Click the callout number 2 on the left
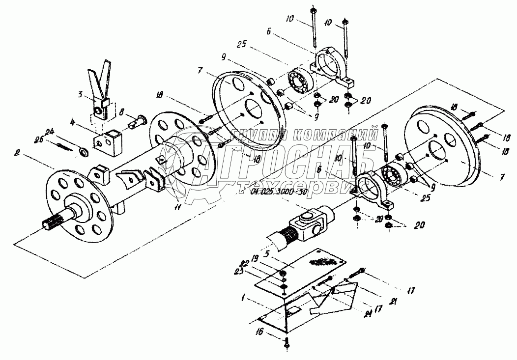[17, 153]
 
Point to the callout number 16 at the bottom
[272, 332]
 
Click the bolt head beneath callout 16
[287, 346]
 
